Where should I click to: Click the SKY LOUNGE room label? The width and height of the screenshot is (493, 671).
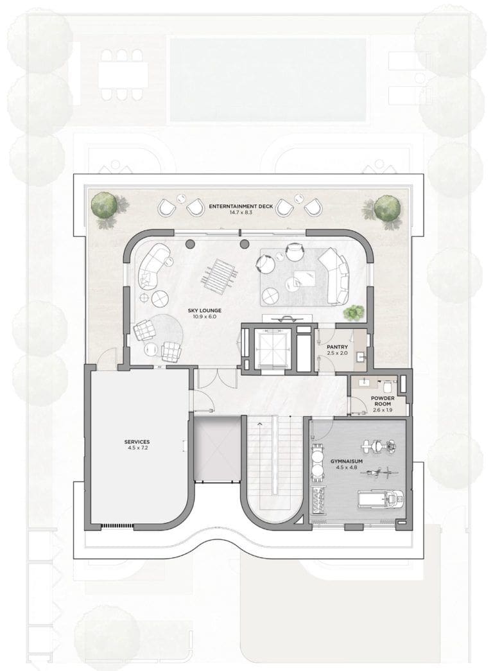(x=205, y=310)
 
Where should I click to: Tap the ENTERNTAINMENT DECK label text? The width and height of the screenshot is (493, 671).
(x=241, y=206)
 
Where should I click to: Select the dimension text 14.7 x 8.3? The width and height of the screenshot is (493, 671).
(x=241, y=213)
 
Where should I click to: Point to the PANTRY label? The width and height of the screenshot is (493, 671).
(x=337, y=347)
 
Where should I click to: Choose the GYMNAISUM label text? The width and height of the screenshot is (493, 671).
(x=347, y=462)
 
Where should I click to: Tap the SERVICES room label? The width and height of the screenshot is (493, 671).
(x=137, y=442)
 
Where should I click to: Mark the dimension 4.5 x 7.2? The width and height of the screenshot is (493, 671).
(x=137, y=448)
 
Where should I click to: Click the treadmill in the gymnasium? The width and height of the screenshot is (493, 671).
(x=381, y=498)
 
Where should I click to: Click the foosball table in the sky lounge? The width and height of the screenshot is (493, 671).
(x=218, y=272)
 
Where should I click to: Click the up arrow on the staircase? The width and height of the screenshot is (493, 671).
(x=259, y=424)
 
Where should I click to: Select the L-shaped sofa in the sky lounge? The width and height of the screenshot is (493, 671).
(x=336, y=276)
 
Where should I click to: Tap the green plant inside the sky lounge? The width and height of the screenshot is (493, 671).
(x=354, y=313)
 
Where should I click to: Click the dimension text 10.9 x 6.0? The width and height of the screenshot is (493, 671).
(x=205, y=317)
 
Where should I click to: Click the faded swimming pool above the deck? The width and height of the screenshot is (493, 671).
(x=268, y=80)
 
